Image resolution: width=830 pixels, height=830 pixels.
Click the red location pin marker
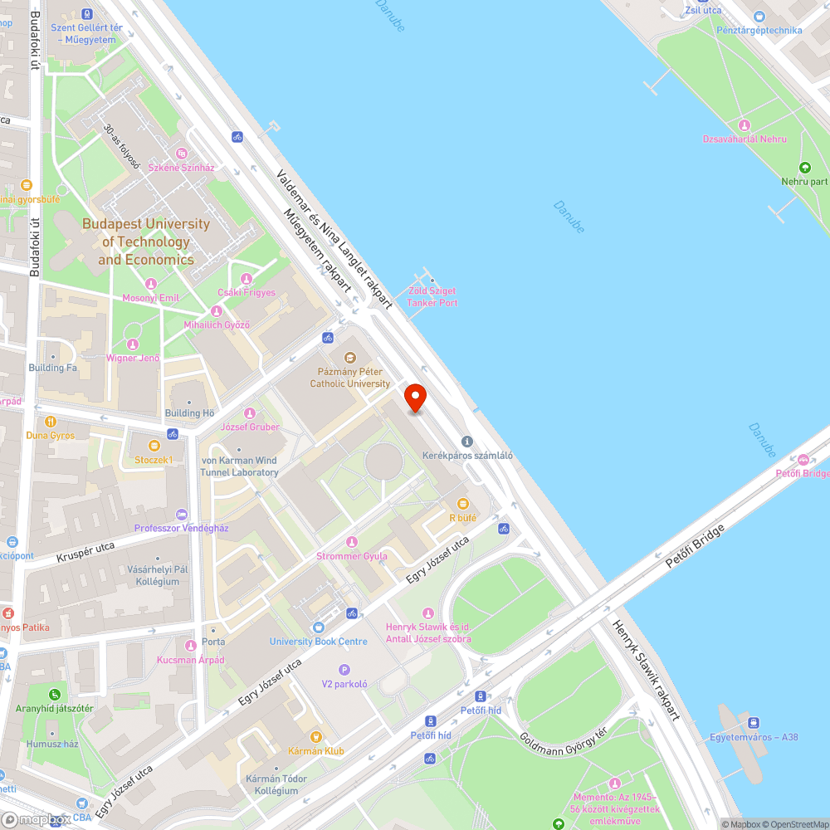414,398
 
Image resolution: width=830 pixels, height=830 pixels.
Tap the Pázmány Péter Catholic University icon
349,358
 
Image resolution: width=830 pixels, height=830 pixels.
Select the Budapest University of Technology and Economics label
146,242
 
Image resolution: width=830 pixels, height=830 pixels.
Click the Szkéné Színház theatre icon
181,154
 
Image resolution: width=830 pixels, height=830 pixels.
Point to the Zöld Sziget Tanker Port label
432,297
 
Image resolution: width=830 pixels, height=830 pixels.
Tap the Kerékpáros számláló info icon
467,442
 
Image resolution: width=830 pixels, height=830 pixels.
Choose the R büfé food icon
463,504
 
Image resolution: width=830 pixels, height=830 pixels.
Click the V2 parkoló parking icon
344,670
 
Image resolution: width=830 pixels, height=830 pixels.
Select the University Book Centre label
318,642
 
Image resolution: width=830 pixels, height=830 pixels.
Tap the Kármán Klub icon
315,736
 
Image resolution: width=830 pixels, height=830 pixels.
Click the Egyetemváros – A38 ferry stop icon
754,722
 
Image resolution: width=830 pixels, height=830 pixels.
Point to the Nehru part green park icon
804,167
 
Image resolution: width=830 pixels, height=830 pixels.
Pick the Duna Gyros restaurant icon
50,421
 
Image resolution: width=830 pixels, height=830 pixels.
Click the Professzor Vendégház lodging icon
182,515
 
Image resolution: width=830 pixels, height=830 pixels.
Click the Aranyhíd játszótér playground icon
54,694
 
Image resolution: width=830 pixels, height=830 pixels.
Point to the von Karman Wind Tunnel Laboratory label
239,466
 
